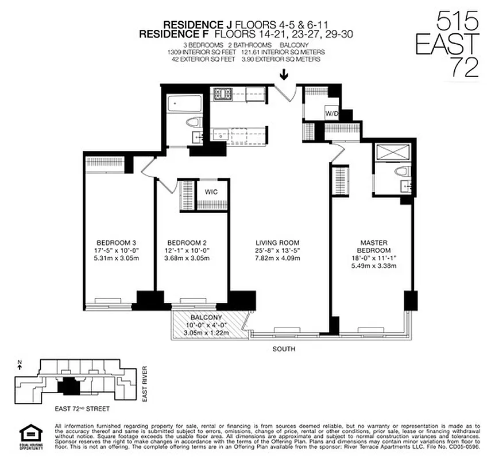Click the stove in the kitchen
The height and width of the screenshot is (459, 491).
point(221,93)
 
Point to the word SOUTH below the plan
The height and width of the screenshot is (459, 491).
point(284,348)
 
